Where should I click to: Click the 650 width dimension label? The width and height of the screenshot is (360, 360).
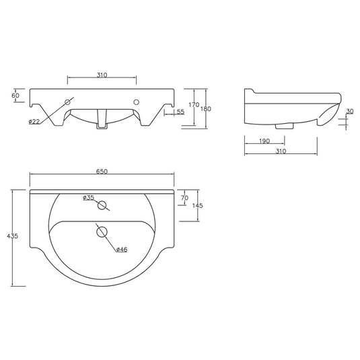coord(102,172)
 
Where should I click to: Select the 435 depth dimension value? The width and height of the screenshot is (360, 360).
coord(12,236)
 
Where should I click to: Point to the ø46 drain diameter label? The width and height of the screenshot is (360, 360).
coord(122,250)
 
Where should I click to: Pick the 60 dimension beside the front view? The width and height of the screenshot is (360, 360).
coord(16,96)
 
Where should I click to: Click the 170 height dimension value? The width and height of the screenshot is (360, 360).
coord(194,104)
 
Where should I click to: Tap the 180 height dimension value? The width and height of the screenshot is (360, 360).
coord(206,108)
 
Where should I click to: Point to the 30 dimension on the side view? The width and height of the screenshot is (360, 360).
coord(350,112)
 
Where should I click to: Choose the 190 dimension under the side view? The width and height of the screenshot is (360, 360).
coord(264,141)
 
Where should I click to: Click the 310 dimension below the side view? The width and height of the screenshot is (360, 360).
coord(281,151)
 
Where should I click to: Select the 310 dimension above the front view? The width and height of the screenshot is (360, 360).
coord(102,75)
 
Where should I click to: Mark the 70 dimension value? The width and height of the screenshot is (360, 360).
coord(184,197)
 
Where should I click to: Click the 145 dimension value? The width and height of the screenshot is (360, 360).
coord(196,205)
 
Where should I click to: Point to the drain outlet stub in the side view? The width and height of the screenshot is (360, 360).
coord(285,125)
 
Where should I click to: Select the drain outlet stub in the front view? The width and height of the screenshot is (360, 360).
coord(102,122)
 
